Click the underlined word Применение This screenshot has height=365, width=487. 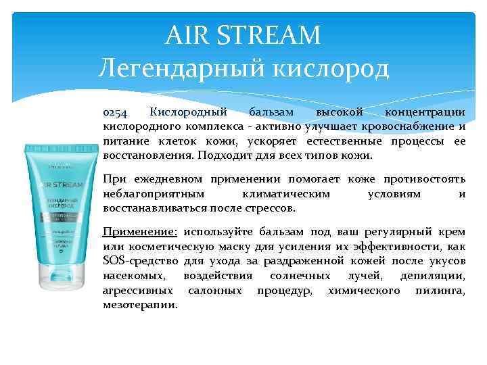139,232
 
